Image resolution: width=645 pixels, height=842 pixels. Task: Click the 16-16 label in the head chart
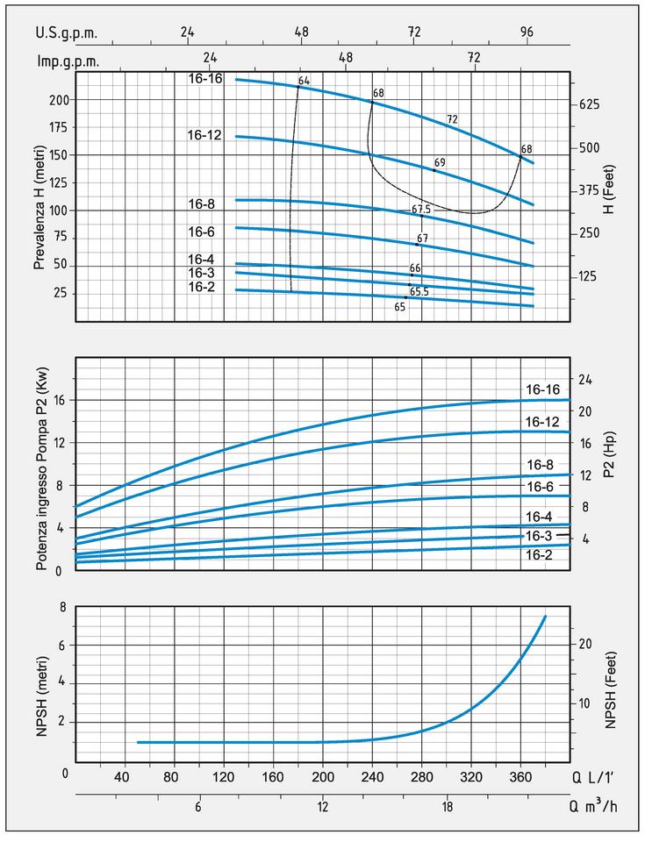click(204, 78)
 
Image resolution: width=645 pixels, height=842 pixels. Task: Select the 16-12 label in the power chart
click(543, 422)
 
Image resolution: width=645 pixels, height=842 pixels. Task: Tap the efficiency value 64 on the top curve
click(305, 82)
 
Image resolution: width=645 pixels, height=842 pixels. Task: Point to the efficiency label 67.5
click(421, 210)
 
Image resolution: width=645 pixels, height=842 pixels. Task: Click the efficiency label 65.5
click(419, 291)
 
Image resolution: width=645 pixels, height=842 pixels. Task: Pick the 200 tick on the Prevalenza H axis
click(58, 100)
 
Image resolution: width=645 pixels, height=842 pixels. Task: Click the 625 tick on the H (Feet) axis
click(591, 104)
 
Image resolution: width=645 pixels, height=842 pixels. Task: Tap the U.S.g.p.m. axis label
click(67, 32)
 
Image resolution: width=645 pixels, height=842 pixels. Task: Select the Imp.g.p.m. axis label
click(68, 61)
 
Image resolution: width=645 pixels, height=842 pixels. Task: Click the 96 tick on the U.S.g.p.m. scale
click(527, 32)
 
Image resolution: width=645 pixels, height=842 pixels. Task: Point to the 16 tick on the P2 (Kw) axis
click(60, 400)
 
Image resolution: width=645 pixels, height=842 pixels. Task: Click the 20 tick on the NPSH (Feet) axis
click(584, 643)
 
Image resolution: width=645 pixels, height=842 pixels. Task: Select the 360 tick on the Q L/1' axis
click(521, 778)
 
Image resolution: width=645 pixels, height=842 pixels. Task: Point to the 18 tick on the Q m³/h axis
click(447, 808)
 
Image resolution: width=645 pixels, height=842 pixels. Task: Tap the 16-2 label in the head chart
click(201, 287)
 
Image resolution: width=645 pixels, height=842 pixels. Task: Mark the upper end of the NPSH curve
click(545, 617)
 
